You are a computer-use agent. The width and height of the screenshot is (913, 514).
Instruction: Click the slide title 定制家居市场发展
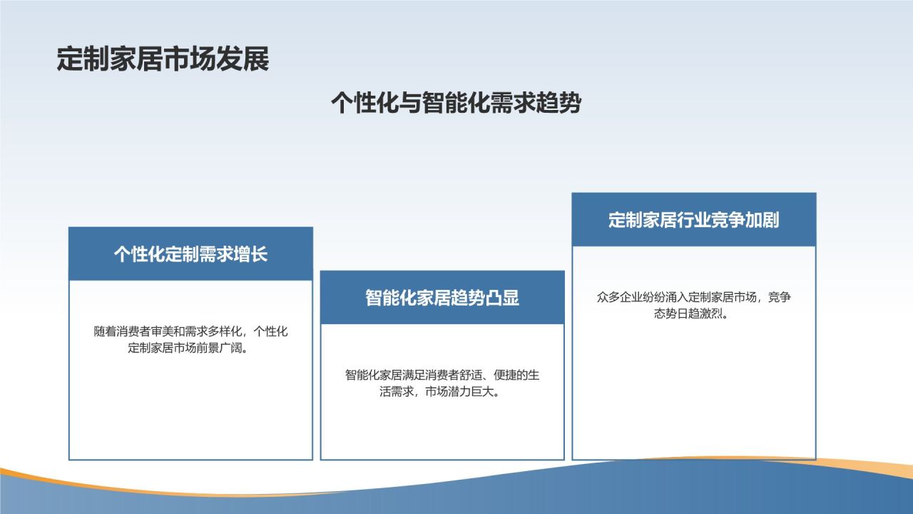[163, 59]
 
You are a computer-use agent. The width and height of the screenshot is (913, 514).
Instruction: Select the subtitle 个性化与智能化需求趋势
[456, 102]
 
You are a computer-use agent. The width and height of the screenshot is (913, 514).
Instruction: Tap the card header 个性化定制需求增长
[190, 254]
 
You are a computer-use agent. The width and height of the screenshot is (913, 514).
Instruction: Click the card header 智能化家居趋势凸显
[442, 298]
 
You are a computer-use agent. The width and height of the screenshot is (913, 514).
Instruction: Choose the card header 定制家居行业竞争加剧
[694, 220]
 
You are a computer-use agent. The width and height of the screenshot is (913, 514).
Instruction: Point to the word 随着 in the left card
[105, 331]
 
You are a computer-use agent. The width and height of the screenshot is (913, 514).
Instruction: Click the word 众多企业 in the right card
[620, 297]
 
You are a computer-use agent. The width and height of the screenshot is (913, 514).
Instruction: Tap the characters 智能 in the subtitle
[444, 102]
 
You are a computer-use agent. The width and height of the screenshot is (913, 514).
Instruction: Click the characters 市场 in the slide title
[190, 59]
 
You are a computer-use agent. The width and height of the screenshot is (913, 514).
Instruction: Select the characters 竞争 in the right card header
[728, 220]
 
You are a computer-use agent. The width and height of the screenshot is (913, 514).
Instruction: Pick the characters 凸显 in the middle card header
[503, 298]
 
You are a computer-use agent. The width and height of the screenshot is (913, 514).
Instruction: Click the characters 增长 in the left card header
[250, 254]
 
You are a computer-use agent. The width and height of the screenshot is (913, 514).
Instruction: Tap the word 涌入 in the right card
[677, 297]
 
